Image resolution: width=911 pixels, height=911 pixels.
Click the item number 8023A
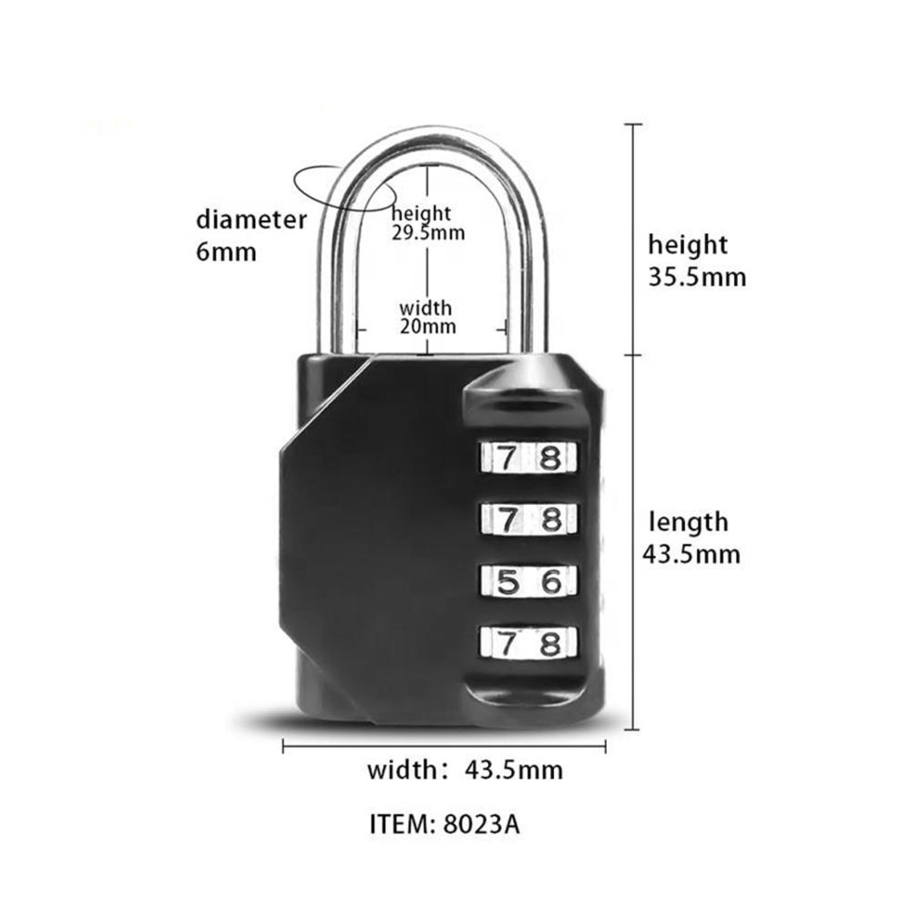tap(481, 824)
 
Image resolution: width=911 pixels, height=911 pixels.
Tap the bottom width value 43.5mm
tap(514, 771)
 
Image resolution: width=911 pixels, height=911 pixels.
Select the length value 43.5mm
tap(691, 554)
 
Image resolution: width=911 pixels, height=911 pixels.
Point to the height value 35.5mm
tap(697, 277)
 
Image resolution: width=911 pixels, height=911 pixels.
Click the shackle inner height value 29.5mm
tap(428, 233)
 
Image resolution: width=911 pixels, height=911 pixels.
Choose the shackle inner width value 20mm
tap(427, 326)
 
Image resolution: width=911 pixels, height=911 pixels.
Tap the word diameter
tap(251, 220)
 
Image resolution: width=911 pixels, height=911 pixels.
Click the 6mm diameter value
tap(226, 252)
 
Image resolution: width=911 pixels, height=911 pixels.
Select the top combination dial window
tap(528, 457)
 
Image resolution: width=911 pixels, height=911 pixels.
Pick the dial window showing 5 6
tap(528, 581)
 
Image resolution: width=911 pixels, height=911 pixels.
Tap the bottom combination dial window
tap(528, 643)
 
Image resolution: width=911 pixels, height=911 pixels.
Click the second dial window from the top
tap(528, 519)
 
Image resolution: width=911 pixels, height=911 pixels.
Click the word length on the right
tap(689, 522)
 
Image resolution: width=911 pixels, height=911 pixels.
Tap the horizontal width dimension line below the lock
tap(444, 747)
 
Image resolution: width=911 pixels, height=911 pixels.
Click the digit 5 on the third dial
tap(507, 581)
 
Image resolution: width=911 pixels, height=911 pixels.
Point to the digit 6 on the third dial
tap(551, 581)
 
